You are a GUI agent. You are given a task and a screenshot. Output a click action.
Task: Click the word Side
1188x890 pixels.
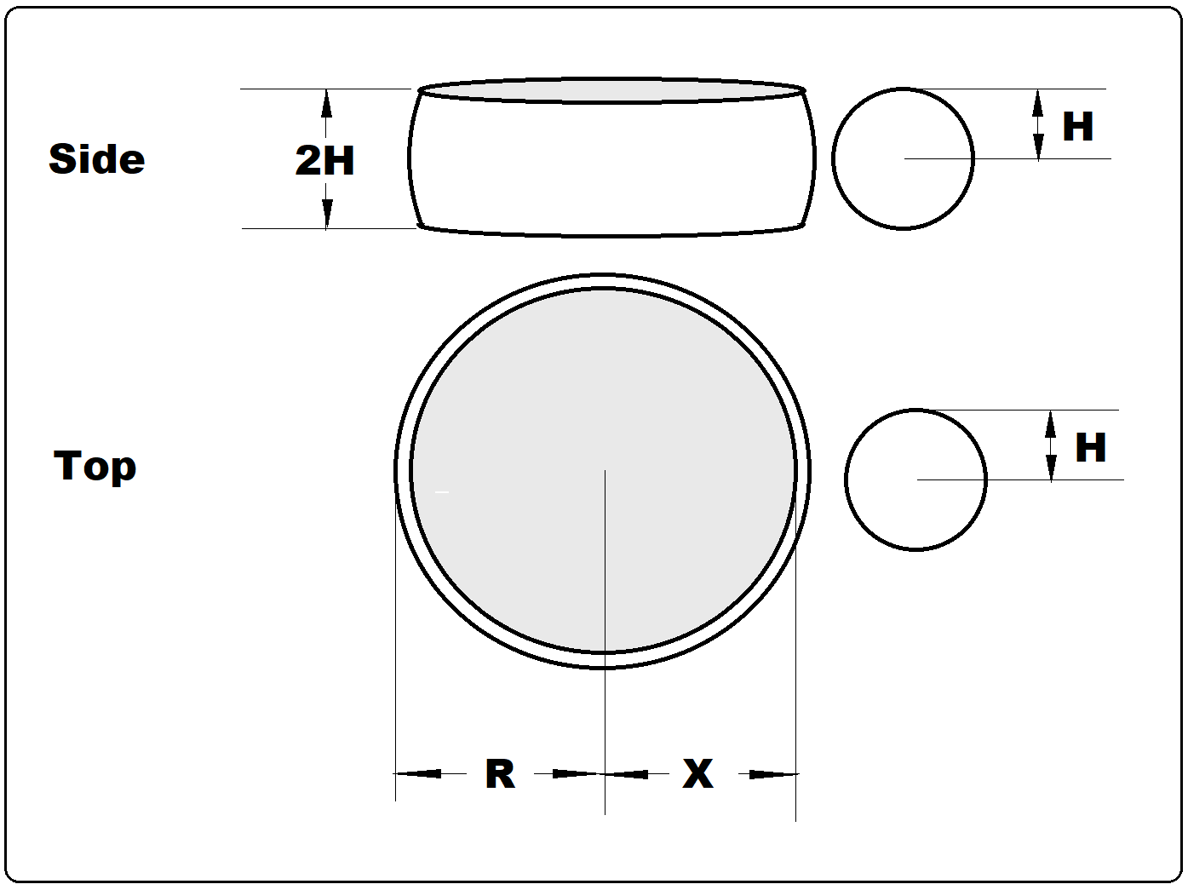coord(96,159)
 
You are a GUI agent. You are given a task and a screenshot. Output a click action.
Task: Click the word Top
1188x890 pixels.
coord(95,466)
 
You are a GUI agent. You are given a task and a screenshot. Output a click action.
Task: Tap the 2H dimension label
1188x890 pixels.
coord(324,160)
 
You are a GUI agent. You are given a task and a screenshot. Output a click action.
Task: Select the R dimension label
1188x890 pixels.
coord(500,774)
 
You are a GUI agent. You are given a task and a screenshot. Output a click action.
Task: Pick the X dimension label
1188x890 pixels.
coord(697,774)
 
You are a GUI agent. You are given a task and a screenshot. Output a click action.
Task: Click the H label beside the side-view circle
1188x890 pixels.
coord(1077,127)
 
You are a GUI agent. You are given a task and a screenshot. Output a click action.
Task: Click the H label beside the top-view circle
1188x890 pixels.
coord(1090,448)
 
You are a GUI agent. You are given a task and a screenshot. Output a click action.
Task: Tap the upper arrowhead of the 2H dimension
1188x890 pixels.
coord(326,102)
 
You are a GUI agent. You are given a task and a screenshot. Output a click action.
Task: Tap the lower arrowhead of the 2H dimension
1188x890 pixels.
coord(327,215)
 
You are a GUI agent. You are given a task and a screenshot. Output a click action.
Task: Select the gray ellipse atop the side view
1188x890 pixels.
coord(611,90)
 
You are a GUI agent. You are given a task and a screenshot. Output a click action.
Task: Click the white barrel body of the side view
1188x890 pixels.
coord(611,166)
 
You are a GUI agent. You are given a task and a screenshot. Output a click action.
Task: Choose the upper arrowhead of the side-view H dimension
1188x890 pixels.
coord(1037,102)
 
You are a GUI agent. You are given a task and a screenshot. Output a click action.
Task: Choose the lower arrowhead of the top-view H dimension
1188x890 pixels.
coord(1051,468)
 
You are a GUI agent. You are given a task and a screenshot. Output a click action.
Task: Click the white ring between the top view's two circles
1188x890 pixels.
coord(403,470)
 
